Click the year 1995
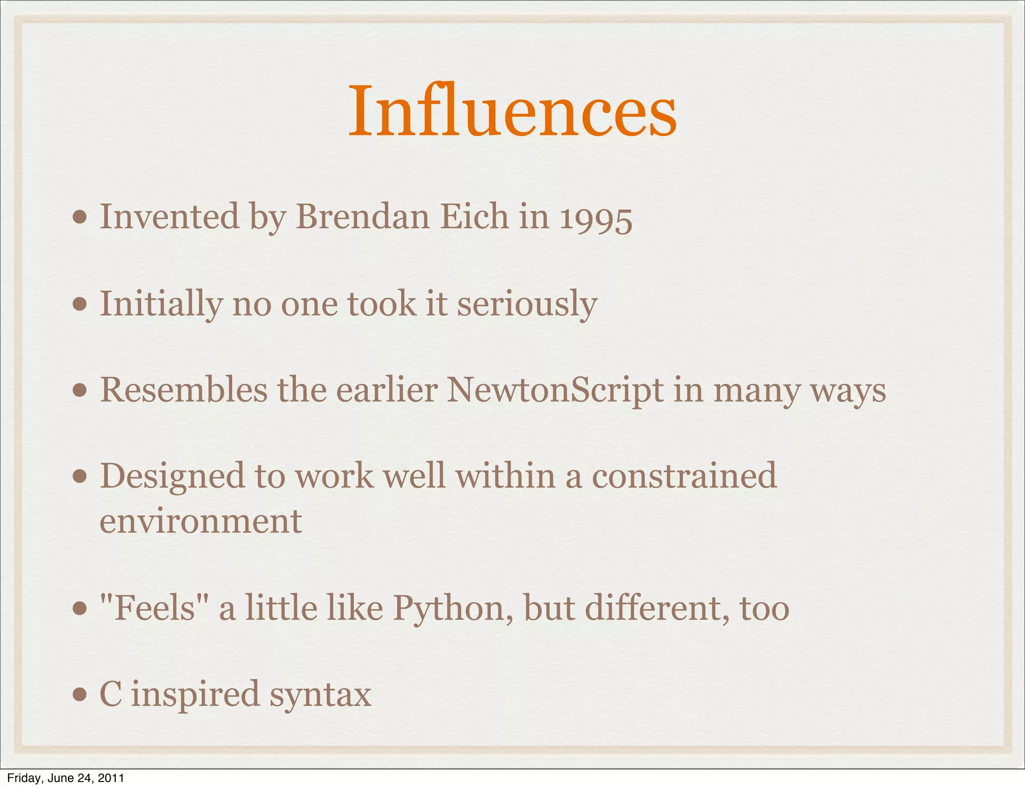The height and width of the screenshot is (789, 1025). (x=596, y=219)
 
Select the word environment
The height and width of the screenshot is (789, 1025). (x=201, y=522)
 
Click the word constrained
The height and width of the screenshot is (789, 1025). (x=684, y=476)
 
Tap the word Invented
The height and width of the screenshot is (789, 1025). (x=170, y=217)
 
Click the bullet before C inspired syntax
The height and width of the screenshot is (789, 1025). (x=80, y=695)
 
